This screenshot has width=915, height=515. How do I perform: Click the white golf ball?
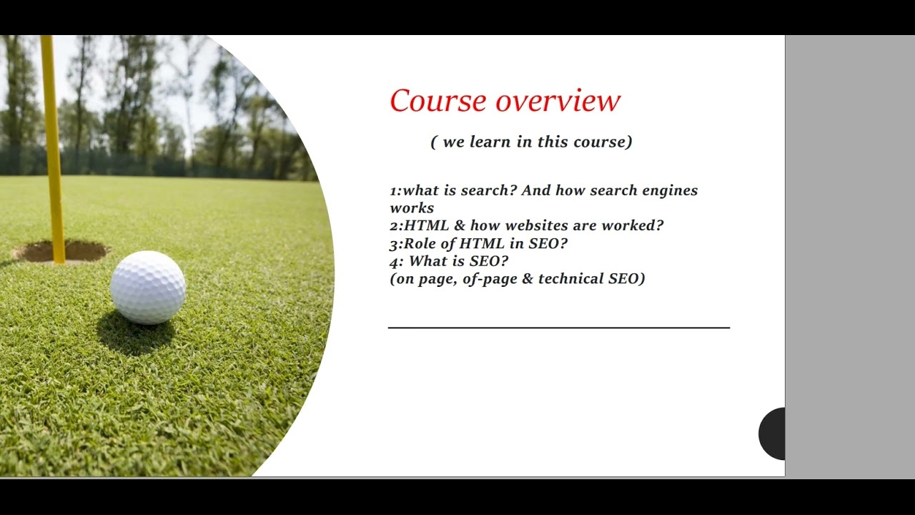click(x=148, y=287)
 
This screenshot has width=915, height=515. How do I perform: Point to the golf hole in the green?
click(x=60, y=251)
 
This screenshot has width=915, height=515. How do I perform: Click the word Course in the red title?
click(x=438, y=101)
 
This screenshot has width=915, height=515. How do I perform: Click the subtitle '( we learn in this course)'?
click(x=531, y=142)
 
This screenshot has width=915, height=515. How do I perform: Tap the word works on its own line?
click(x=412, y=208)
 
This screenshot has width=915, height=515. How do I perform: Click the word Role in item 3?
click(x=420, y=243)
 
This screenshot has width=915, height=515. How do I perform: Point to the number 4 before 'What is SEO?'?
click(x=394, y=261)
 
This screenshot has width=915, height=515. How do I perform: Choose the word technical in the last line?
click(x=570, y=279)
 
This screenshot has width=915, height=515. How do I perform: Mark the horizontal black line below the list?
click(x=558, y=328)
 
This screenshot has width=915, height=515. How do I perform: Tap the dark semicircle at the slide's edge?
click(x=773, y=433)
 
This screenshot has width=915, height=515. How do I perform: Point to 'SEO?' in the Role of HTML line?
click(x=548, y=243)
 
